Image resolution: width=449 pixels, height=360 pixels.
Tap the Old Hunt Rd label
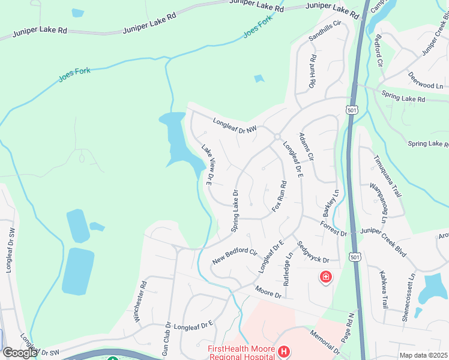tap(312, 73)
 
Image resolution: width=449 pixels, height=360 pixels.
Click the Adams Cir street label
tap(307, 146)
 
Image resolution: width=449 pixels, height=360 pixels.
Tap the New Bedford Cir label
tap(235, 257)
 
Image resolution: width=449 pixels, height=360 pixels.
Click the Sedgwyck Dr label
tap(313, 252)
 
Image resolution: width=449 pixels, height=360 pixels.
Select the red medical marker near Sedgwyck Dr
tap(326, 277)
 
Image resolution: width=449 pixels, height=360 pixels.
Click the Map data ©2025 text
tap(423, 355)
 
